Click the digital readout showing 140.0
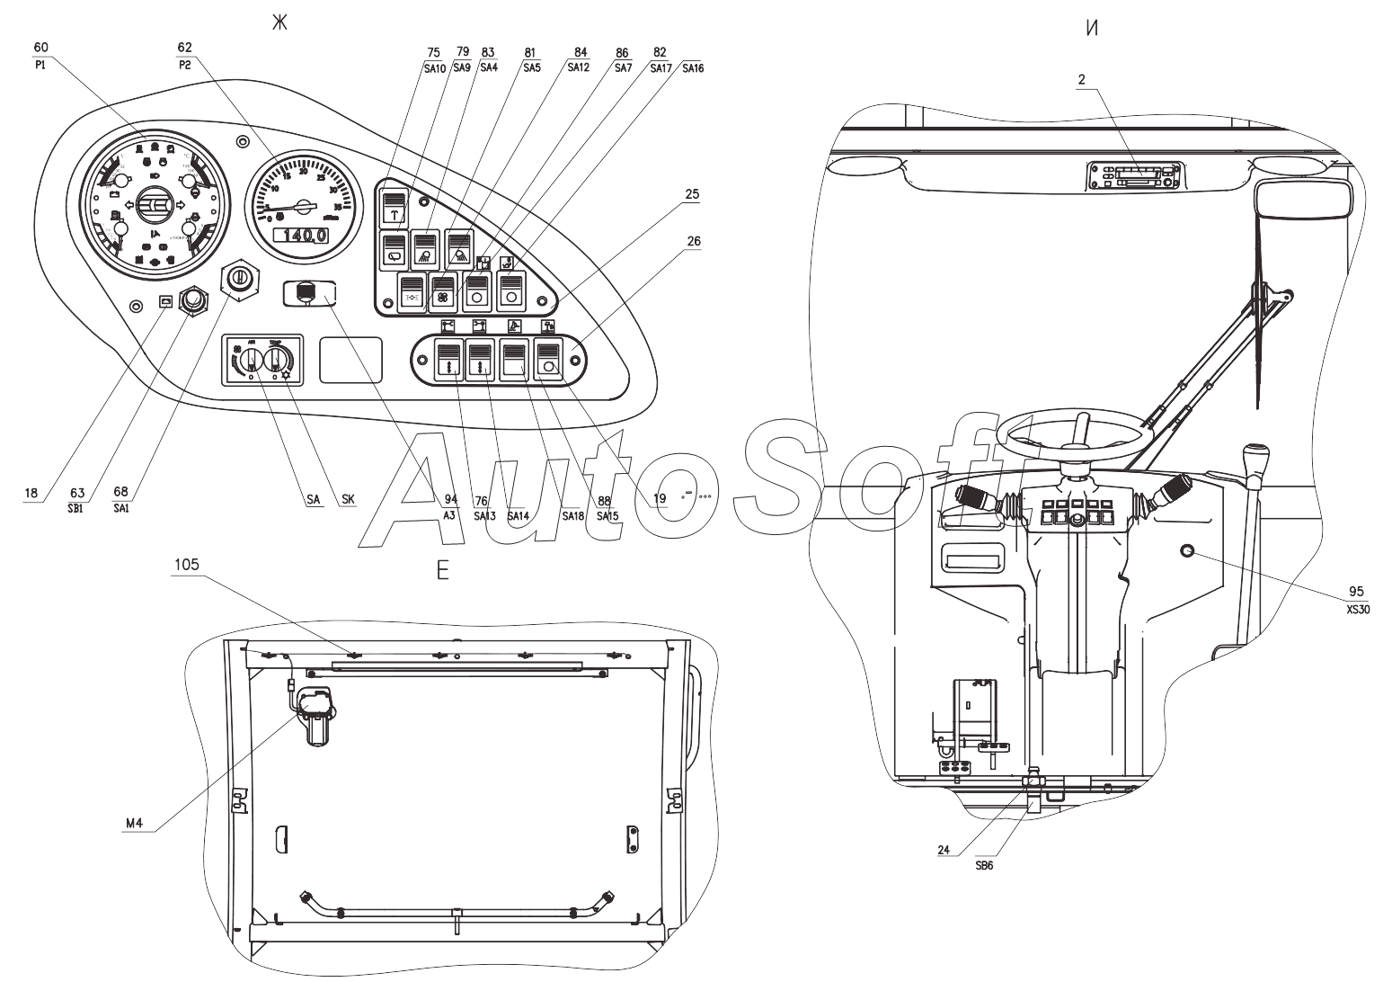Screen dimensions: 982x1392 pos(300,236)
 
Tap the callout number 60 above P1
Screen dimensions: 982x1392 pos(41,46)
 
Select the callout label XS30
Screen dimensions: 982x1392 pos(1356,609)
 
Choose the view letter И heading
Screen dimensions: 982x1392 pos(1092,28)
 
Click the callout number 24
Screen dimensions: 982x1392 pos(944,850)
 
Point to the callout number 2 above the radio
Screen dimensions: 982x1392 pos(1082,80)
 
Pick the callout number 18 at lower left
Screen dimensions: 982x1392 pos(31,492)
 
